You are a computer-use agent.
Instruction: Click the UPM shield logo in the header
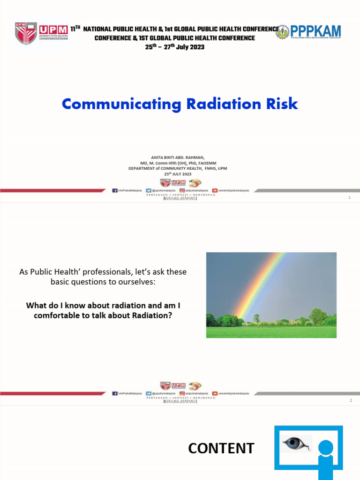click(x=26, y=33)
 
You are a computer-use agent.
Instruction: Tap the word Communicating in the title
click(x=122, y=104)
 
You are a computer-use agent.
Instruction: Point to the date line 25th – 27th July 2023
click(x=174, y=47)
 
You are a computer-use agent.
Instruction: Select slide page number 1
click(x=350, y=198)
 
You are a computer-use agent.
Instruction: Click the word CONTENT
click(x=221, y=449)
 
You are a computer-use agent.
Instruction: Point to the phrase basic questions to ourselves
click(x=103, y=282)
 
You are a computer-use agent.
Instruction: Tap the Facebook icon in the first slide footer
click(x=115, y=191)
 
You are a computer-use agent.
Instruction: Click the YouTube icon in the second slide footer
click(x=215, y=393)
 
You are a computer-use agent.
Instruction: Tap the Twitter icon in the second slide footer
click(x=149, y=393)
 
